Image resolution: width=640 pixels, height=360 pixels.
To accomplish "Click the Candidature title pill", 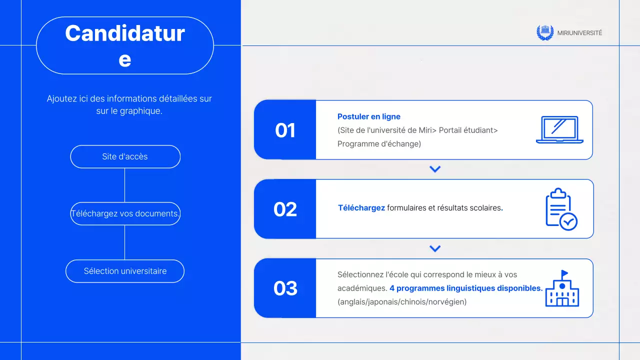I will coord(125,45).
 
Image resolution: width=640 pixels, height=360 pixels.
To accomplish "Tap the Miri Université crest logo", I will coord(545,32).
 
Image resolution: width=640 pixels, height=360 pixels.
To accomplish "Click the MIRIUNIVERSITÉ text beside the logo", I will coord(579,33).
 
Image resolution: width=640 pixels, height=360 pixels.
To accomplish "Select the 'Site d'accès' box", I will coord(125,156).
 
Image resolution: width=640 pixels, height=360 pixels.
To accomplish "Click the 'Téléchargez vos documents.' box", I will coord(125,213).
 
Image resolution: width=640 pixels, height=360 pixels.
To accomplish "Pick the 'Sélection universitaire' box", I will coord(125,271).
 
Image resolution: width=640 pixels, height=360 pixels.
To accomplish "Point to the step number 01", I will coord(285,130).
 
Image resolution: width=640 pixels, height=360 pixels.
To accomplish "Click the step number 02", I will coord(285,209).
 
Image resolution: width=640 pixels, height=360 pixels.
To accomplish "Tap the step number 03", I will coord(285,288).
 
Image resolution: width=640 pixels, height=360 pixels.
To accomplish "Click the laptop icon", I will coord(559,130).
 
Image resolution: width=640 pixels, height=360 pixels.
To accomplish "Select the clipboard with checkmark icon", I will coord(560,209).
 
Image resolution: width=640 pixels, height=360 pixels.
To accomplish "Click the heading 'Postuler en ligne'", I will coord(369,116).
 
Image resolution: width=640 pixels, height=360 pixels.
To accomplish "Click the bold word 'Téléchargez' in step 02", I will coord(361,208).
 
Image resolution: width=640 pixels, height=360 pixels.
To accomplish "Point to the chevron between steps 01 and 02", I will coord(435,169).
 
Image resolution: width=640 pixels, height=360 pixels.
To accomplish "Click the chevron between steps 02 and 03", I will coord(435,248).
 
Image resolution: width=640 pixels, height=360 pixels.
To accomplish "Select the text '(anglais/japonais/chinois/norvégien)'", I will coord(402,302).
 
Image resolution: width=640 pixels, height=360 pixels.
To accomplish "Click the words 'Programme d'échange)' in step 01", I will coord(379,144).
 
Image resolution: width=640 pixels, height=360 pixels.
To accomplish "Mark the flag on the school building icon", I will coord(565,273).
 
